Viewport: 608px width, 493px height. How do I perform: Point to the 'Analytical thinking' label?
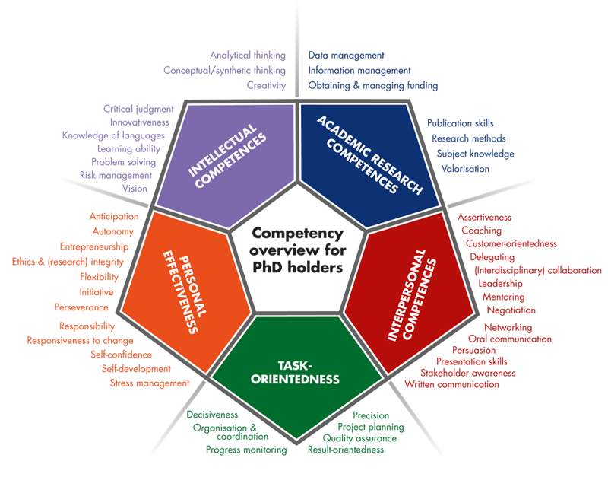coord(247,55)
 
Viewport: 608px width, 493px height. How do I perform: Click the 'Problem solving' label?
coord(123,161)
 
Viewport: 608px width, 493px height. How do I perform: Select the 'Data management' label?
coord(347,55)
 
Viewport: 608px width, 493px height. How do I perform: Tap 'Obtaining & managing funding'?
coord(372,85)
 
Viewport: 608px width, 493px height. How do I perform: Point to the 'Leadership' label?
coord(501,282)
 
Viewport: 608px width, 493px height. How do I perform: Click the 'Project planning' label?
coord(372,427)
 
